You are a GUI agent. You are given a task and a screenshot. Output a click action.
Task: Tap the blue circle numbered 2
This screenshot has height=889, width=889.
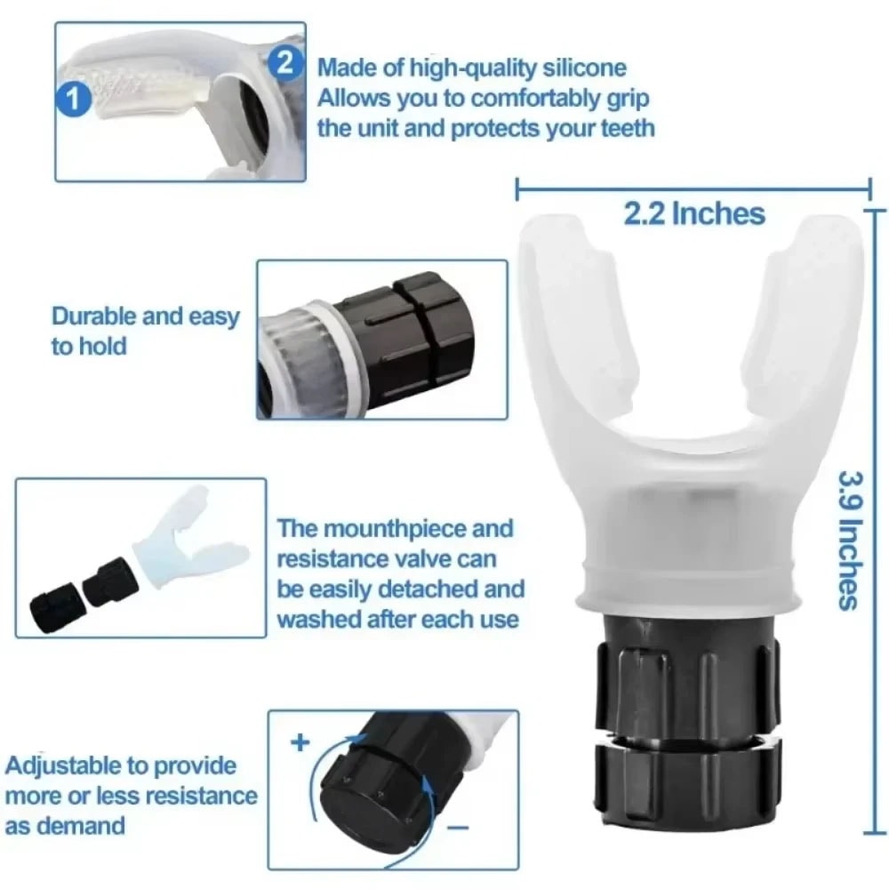pyautogui.click(x=284, y=63)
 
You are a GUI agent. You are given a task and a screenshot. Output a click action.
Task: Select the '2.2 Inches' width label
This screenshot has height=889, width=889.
pyautogui.click(x=694, y=213)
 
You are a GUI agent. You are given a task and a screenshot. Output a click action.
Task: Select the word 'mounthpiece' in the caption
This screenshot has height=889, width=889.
pyautogui.click(x=395, y=529)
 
